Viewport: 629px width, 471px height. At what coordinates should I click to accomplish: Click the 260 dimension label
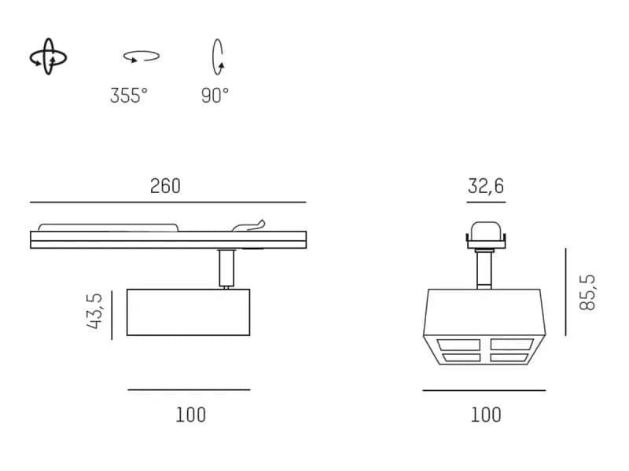[x=165, y=186]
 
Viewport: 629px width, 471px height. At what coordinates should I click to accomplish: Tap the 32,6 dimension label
[x=485, y=186]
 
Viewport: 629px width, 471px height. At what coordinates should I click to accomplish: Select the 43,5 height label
[x=95, y=311]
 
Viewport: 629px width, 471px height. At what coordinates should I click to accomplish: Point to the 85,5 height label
[x=587, y=292]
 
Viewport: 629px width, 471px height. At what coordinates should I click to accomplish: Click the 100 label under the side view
[x=191, y=415]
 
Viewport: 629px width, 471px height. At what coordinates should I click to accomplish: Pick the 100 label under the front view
[x=486, y=415]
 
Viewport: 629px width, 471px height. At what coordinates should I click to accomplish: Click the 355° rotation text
[x=129, y=96]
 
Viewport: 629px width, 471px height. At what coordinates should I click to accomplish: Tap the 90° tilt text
[x=215, y=96]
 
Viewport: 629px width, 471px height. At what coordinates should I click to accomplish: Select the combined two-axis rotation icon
[x=48, y=57]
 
